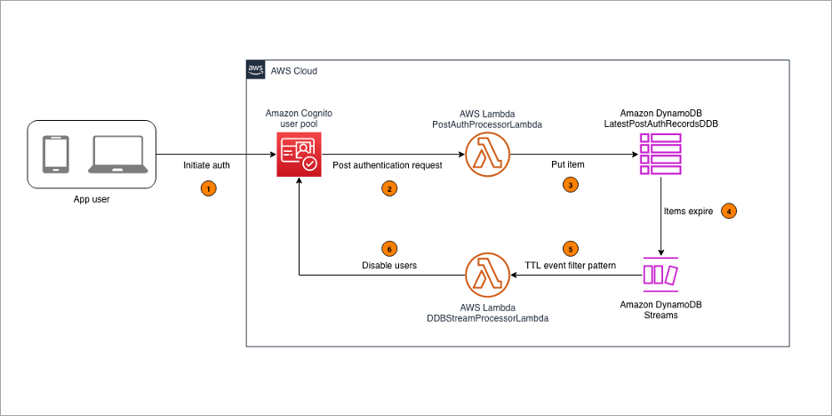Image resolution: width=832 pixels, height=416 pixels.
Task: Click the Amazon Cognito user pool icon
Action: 298,154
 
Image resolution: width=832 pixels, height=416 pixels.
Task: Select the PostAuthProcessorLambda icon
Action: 488,154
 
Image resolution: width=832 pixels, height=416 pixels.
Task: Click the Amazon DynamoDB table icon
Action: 660,154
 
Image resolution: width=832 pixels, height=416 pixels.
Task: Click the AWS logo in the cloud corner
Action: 255,70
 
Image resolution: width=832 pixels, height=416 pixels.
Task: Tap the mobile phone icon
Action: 56,155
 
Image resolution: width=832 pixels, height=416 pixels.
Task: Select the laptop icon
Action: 116,155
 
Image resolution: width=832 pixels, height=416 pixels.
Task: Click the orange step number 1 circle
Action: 208,188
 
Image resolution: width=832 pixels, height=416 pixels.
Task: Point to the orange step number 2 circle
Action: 388,188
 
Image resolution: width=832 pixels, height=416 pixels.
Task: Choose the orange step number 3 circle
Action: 570,185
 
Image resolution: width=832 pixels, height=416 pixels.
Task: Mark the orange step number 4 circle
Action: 728,212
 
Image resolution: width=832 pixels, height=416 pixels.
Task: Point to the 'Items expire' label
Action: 688,212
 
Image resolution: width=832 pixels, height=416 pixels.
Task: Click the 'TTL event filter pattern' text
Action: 570,266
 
